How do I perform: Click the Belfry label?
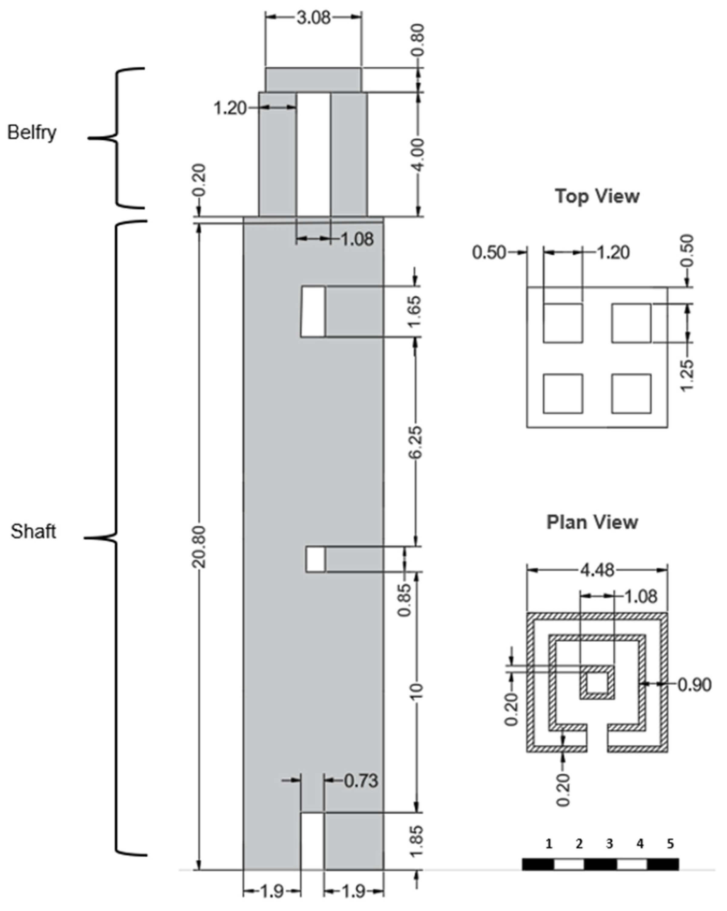click(x=32, y=133)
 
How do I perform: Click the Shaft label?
click(x=33, y=531)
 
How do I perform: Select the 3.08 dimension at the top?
click(x=313, y=18)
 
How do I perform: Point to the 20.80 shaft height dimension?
click(x=198, y=547)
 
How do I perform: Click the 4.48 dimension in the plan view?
click(x=597, y=570)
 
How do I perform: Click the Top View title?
click(x=597, y=196)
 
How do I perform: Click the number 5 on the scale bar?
click(x=670, y=844)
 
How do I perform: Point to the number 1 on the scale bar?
click(x=549, y=844)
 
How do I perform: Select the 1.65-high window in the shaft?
click(x=313, y=312)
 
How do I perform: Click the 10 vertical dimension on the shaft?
click(x=417, y=690)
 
